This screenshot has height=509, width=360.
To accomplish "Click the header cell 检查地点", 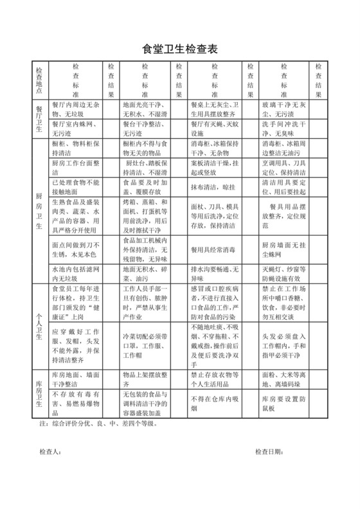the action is tap(40, 80).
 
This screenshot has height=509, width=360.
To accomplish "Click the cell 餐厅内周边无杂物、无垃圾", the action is tap(76, 109).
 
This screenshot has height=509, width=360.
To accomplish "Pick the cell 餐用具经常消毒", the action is tap(213, 249).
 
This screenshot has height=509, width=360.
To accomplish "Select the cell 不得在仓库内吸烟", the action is tap(213, 398).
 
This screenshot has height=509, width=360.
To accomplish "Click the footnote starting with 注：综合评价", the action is tap(96, 424).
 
